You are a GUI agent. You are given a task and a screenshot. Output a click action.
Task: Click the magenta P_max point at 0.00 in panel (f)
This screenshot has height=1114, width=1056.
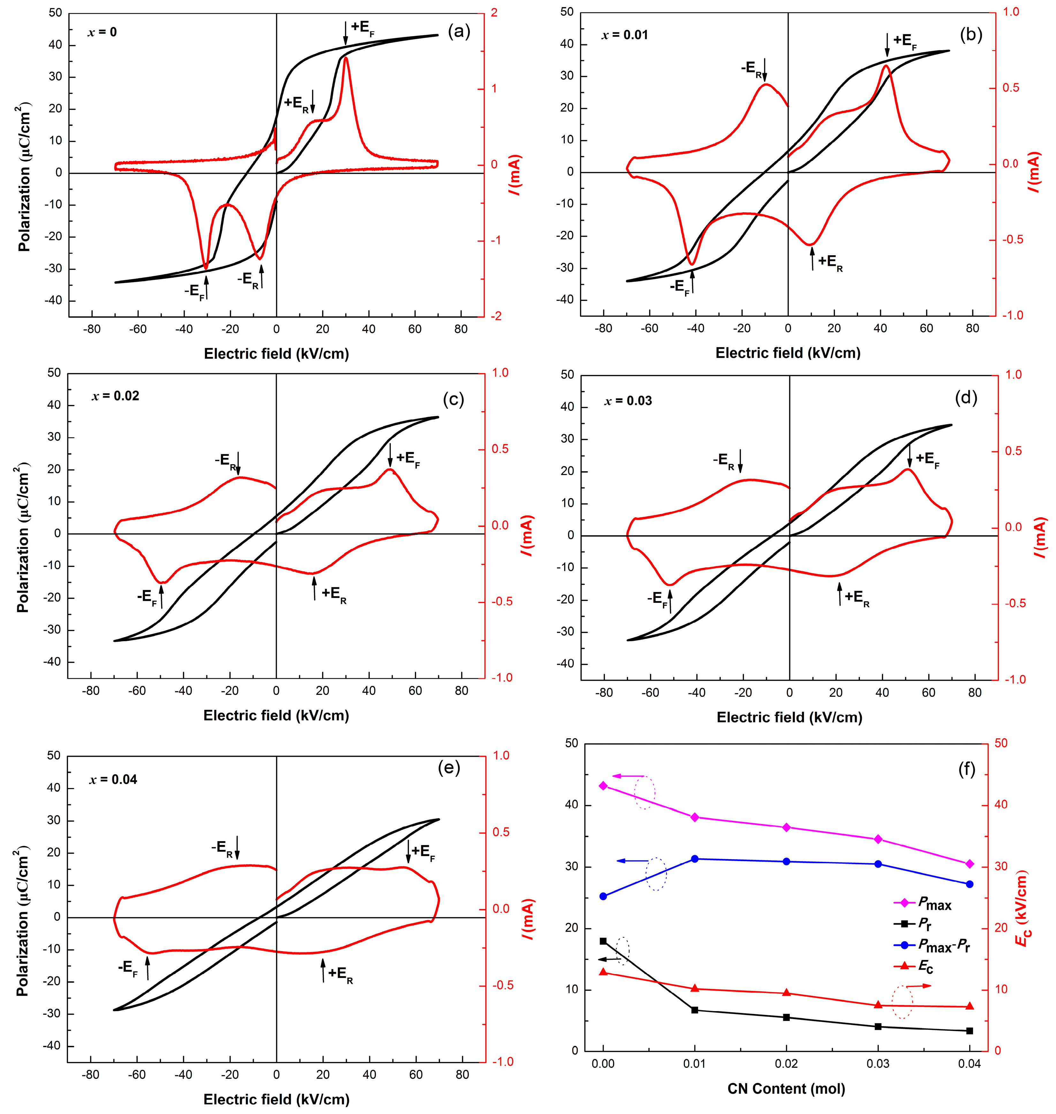point(604,786)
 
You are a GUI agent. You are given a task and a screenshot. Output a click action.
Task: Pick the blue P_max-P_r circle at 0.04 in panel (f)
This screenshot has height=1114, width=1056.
point(969,884)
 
